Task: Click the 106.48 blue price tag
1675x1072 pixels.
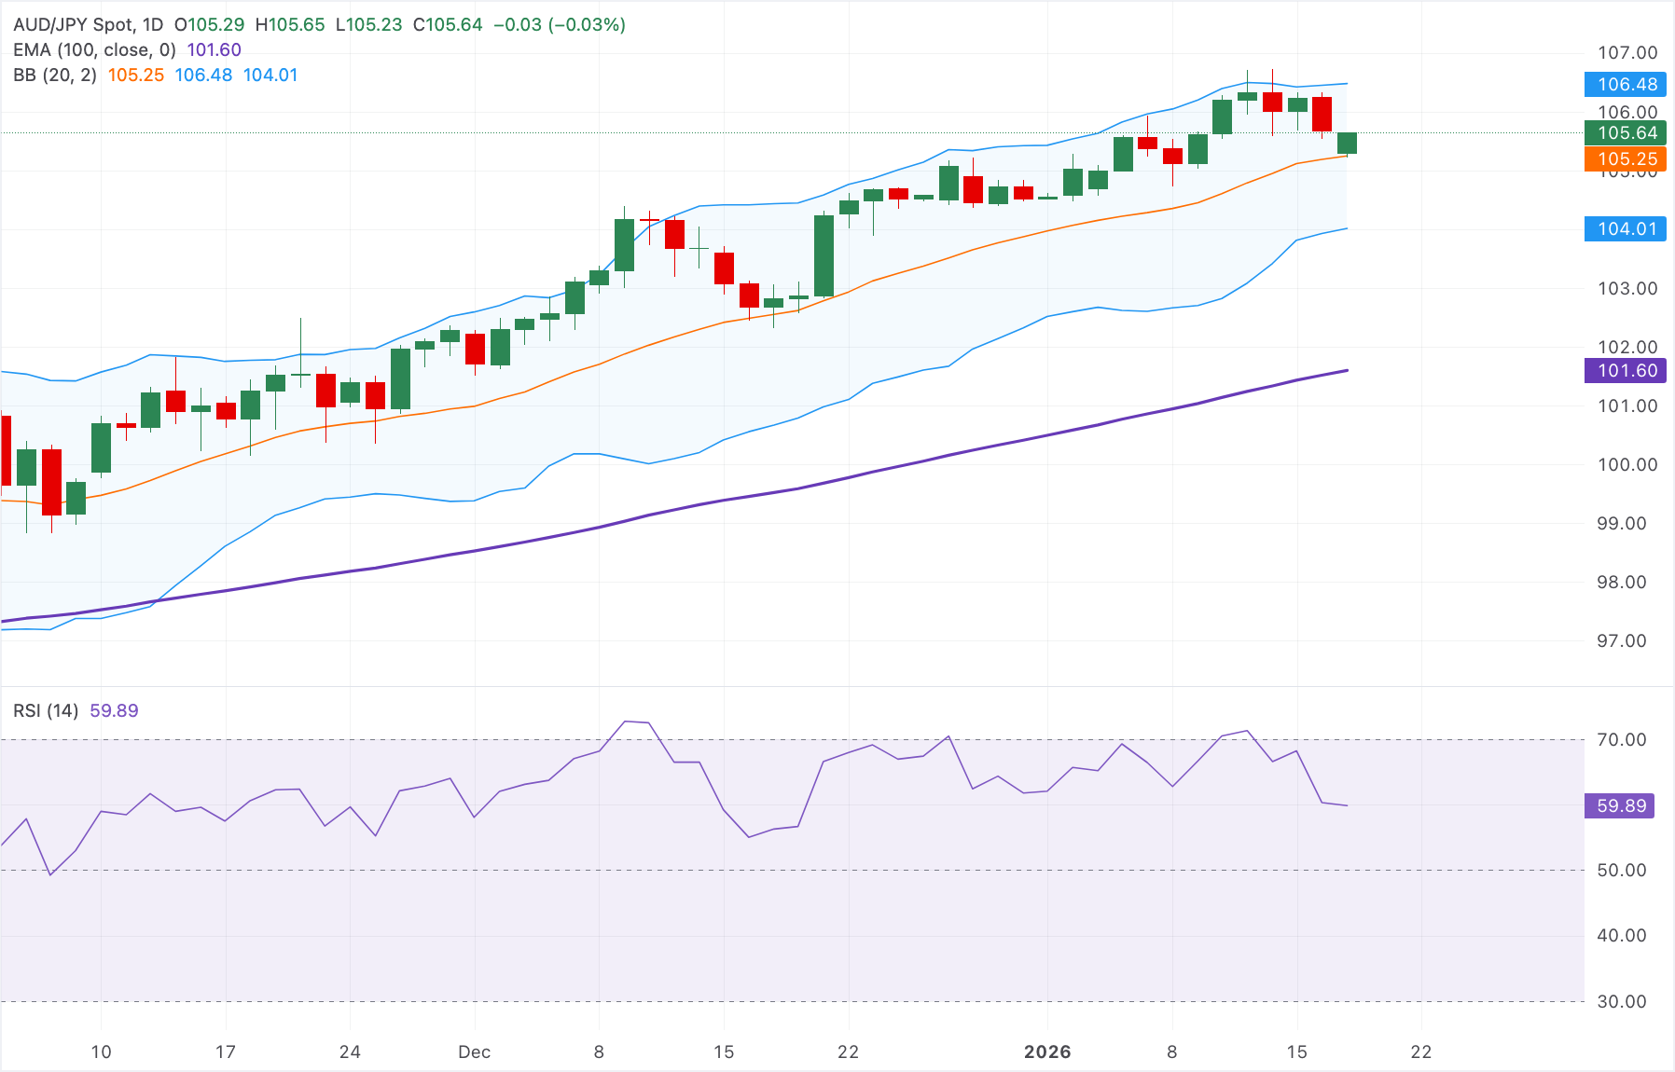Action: (x=1626, y=85)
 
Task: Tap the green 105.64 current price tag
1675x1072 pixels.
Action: (x=1626, y=133)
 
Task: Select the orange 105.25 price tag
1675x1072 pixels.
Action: (x=1626, y=159)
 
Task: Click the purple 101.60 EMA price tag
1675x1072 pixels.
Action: (x=1626, y=371)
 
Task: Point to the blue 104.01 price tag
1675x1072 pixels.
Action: (x=1626, y=229)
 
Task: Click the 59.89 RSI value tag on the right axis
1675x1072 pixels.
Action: (x=1620, y=806)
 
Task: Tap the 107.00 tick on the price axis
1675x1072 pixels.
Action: (x=1627, y=53)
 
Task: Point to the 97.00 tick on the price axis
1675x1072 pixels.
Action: (x=1621, y=641)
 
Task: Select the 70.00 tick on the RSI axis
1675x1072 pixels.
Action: (x=1621, y=740)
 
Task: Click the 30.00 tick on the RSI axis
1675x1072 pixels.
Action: (x=1621, y=1002)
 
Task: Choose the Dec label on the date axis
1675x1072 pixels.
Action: (x=474, y=1052)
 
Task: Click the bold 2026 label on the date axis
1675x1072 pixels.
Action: (x=1046, y=1052)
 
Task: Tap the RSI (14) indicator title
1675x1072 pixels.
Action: (x=46, y=711)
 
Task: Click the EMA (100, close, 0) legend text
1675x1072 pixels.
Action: (x=94, y=50)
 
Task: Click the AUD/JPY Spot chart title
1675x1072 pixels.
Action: (x=75, y=25)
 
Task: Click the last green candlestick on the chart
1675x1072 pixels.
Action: (x=1347, y=143)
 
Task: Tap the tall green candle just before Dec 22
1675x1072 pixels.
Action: (x=824, y=255)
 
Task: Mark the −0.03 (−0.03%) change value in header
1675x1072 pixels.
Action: (x=559, y=25)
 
